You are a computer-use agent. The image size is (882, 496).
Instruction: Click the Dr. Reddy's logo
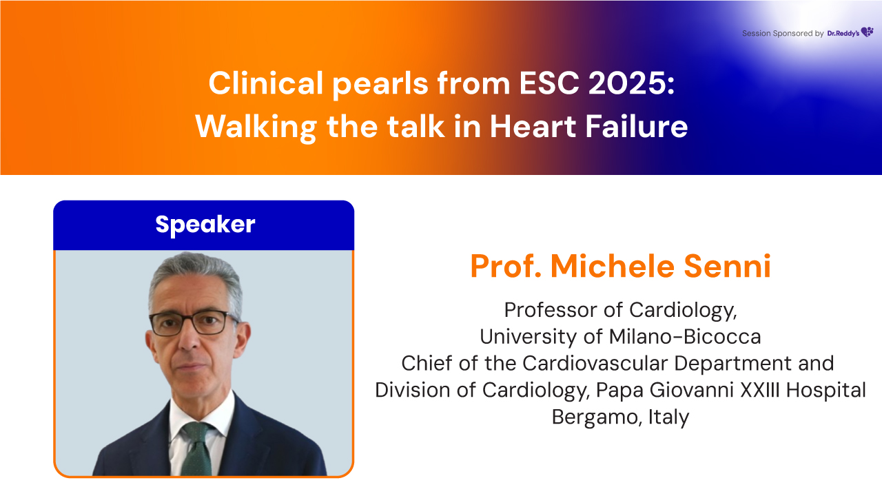[850, 32]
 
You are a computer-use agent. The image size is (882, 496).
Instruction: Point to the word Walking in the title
[256, 128]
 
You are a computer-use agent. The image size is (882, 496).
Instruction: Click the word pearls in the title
[380, 85]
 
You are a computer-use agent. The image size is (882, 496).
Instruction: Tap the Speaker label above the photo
[205, 225]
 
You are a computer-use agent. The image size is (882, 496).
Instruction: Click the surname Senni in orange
[727, 266]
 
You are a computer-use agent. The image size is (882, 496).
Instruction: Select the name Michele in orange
[613, 266]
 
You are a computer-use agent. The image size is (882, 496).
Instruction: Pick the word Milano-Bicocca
[685, 337]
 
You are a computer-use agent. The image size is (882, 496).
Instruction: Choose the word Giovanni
[691, 390]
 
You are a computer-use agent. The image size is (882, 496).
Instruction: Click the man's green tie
[198, 448]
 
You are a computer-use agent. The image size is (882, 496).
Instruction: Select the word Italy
[668, 417]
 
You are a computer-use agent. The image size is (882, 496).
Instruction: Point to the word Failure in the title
[636, 126]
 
